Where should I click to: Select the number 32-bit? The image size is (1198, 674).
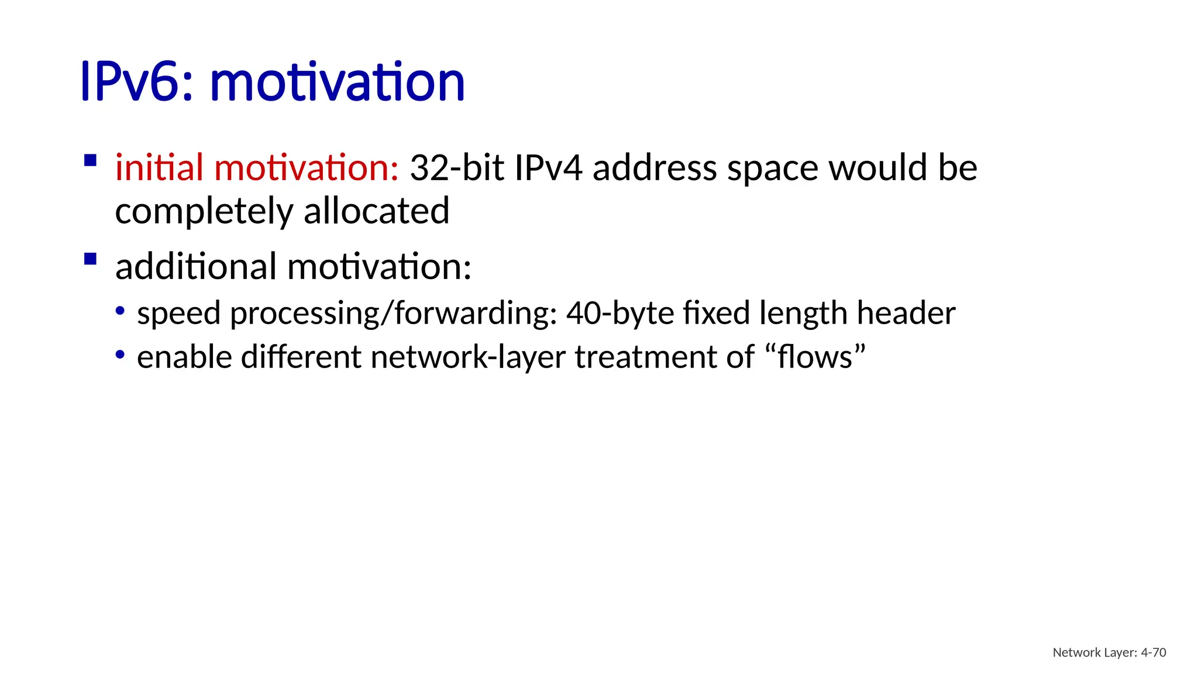tap(457, 168)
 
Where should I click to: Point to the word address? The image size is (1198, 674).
tap(655, 168)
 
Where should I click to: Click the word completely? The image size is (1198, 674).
tap(204, 211)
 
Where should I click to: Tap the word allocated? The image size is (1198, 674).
tap(377, 211)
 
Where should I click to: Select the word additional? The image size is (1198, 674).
tap(196, 267)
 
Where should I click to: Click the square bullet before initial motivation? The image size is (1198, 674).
tap(90, 160)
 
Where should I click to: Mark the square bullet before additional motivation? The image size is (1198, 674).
tap(90, 259)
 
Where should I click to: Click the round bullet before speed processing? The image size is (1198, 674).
tap(120, 311)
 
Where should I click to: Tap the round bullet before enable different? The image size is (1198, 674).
tap(120, 355)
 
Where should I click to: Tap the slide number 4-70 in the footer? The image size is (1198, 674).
tap(1154, 653)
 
